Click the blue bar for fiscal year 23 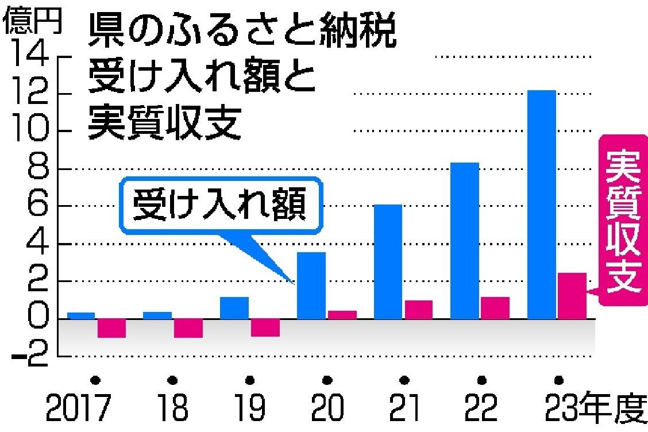pos(541,204)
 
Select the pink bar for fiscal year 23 pos(572,295)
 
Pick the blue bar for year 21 pos(388,261)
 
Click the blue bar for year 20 pos(311,285)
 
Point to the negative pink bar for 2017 pos(111,328)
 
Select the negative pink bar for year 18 pos(188,328)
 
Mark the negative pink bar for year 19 pos(265,327)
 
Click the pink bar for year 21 pos(418,309)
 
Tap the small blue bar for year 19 pos(234,307)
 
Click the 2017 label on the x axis pos(79,408)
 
